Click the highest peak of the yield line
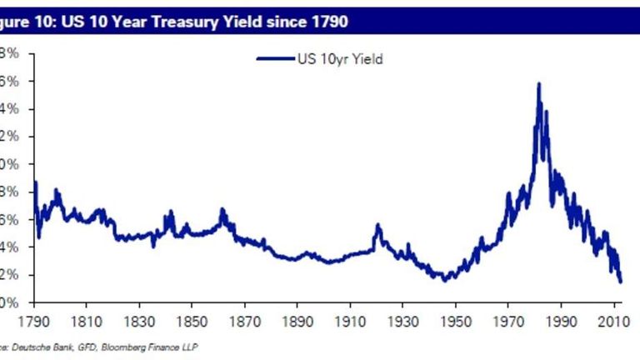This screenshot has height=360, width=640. (x=539, y=83)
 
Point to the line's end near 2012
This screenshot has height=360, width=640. (x=621, y=282)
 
